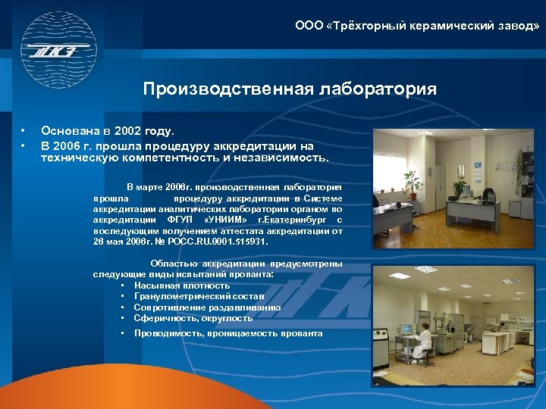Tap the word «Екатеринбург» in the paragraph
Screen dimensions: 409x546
pos(295,220)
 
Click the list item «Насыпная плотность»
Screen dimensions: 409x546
pos(181,286)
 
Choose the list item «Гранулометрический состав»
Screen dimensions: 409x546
pos(199,296)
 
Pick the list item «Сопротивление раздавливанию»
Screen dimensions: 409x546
pos(207,308)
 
